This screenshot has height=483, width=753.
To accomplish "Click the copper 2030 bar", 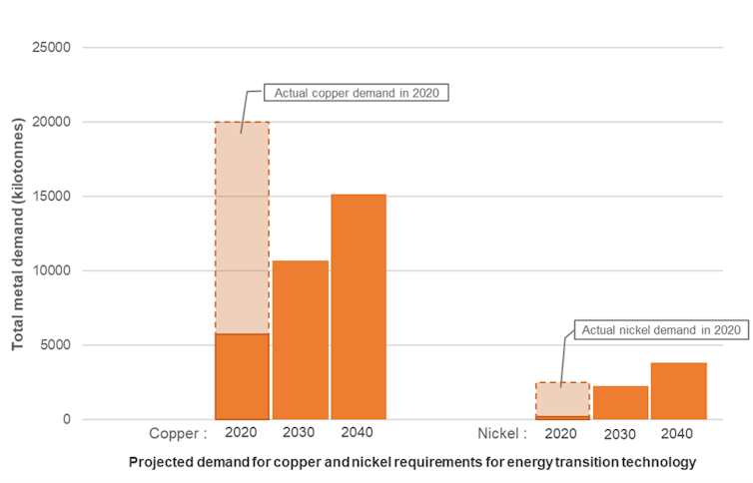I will coord(300,340).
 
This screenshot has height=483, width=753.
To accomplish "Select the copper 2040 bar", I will coord(359,307).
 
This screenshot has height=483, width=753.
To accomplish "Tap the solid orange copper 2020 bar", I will coord(242,376).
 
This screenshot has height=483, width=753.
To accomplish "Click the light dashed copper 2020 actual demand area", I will coord(242,228).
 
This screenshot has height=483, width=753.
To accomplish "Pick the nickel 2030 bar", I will coord(620,402).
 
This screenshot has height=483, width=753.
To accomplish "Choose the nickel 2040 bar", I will coord(679,391).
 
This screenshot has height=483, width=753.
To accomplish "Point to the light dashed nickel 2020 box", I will coord(562,398).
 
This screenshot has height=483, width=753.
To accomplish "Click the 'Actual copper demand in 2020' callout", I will coord(357,93).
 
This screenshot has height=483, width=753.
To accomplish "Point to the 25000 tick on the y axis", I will coord(53,48).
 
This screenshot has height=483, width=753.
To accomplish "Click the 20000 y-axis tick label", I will coord(53,122).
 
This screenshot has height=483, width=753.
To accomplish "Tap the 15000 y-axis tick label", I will coord(53,197).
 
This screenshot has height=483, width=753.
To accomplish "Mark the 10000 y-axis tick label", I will coord(53,270).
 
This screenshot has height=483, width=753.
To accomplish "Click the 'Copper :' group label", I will coord(178,434).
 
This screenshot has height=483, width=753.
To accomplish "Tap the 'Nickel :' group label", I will coord(500,434).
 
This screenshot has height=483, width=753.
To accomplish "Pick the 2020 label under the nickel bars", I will coord(562,433).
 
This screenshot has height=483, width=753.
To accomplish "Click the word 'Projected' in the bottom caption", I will coord(158,462).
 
